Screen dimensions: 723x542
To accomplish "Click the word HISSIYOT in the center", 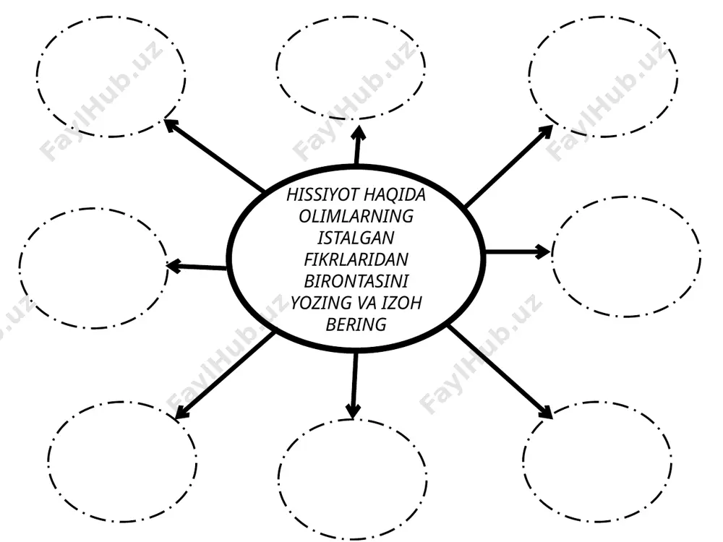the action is (322, 195).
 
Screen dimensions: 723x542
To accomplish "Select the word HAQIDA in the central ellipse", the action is (395, 195).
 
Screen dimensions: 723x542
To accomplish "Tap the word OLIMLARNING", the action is (356, 216).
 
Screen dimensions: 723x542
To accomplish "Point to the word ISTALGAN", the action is (356, 238).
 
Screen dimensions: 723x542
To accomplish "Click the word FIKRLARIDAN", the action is (356, 259).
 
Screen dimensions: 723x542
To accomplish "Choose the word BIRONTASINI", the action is (356, 281).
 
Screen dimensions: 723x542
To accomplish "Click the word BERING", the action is (356, 324).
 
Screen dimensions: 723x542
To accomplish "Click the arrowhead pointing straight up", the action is (359, 132).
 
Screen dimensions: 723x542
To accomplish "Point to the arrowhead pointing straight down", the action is (354, 411).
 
